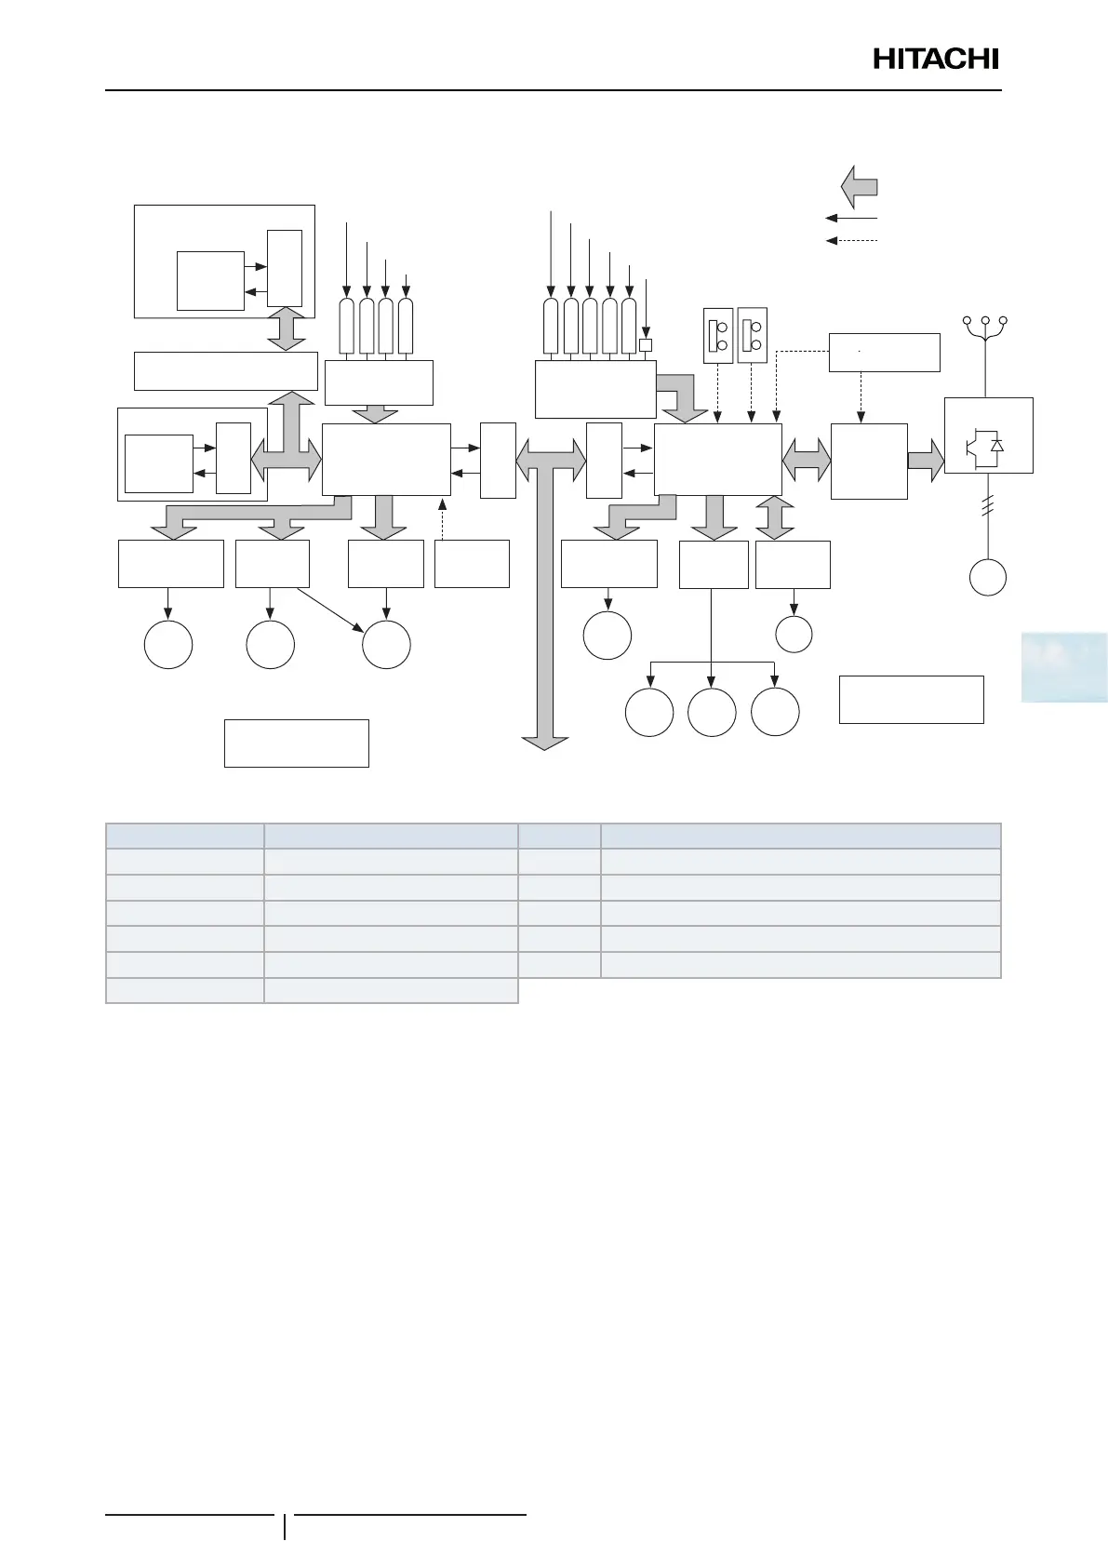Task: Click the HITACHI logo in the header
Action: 935,60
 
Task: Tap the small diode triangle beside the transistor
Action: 997,446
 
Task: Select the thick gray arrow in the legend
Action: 859,186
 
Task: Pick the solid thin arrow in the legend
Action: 851,219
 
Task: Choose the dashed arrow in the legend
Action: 851,241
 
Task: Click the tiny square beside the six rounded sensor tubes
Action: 646,345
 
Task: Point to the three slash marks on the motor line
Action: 988,508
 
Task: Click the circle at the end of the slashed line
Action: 988,577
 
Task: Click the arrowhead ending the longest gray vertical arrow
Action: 545,742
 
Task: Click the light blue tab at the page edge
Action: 1063,667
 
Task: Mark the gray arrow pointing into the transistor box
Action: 926,461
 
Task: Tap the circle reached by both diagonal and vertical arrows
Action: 386,644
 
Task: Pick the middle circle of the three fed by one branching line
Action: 712,713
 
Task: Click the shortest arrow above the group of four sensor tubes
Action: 406,287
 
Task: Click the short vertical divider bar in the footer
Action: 285,1527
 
